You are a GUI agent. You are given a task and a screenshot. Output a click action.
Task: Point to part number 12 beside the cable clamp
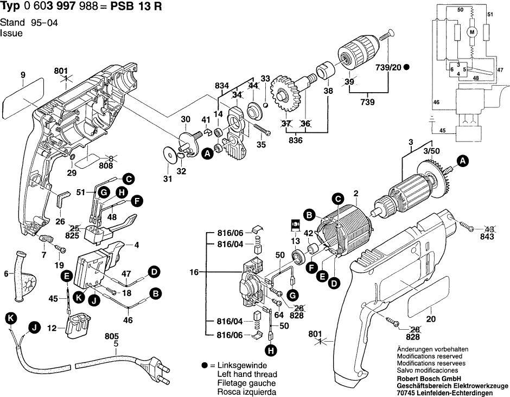(52, 328)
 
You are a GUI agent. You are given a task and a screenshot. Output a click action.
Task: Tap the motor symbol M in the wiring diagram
(471, 32)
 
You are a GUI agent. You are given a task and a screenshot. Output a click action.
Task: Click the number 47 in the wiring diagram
(500, 69)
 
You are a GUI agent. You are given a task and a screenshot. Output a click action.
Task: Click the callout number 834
(221, 85)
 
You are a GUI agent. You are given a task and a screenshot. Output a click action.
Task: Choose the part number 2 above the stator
(356, 193)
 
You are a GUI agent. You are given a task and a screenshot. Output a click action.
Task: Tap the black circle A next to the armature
(462, 161)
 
